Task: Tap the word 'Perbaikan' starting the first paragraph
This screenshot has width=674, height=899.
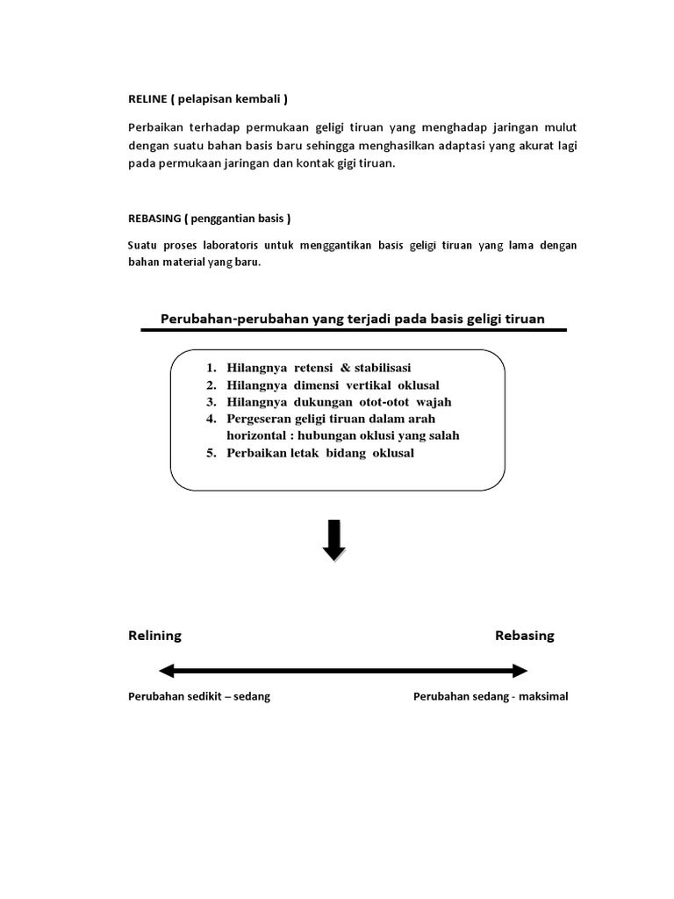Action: [x=154, y=127]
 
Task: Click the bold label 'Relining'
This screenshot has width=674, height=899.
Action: [x=154, y=636]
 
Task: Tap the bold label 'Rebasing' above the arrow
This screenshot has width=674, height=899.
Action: [x=524, y=636]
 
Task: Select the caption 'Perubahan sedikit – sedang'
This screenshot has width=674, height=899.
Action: [x=198, y=697]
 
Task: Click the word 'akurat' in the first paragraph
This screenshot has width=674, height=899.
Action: [x=523, y=145]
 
